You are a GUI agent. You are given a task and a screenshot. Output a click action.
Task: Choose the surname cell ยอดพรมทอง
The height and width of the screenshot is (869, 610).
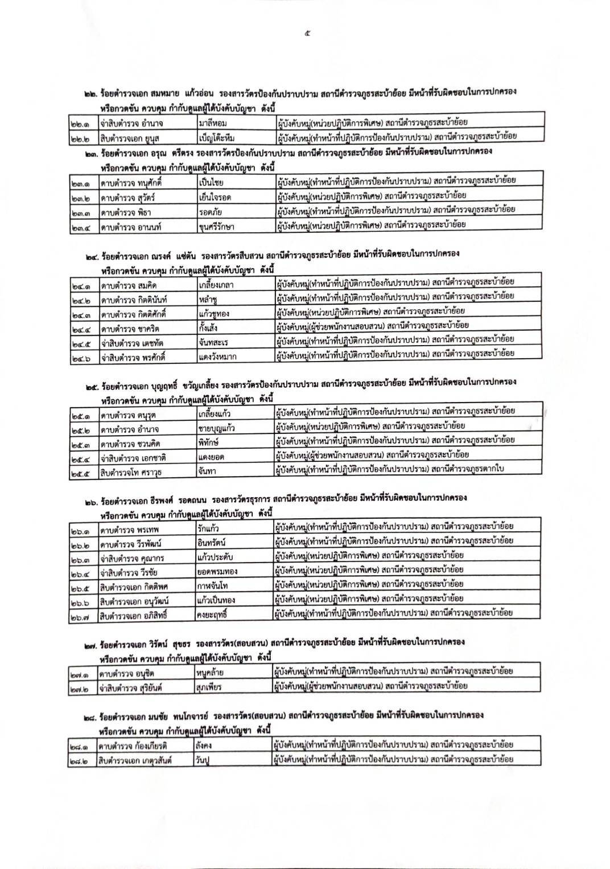pos(215,571)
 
